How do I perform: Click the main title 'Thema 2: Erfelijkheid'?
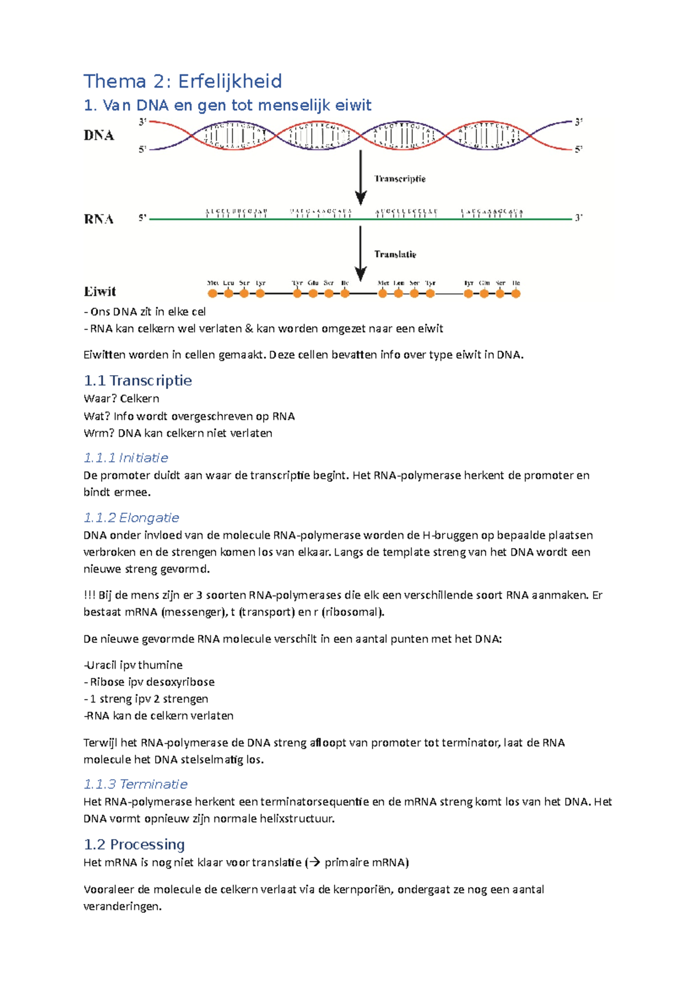pyautogui.click(x=182, y=81)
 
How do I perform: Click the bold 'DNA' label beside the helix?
pyautogui.click(x=99, y=135)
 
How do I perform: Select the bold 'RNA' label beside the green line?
pyautogui.click(x=99, y=219)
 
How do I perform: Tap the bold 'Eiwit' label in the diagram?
pyautogui.click(x=100, y=292)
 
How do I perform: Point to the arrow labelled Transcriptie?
pyautogui.click(x=361, y=177)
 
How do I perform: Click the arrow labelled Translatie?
pyautogui.click(x=361, y=253)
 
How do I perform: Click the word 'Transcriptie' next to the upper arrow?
pyautogui.click(x=400, y=179)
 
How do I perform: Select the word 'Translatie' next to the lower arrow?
pyautogui.click(x=395, y=254)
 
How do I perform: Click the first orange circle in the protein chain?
pyautogui.click(x=213, y=294)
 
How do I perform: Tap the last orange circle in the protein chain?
pyautogui.click(x=516, y=294)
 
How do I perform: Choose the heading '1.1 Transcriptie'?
pyautogui.click(x=138, y=380)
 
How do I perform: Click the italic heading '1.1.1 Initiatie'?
pyautogui.click(x=125, y=458)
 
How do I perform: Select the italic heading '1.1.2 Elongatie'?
pyautogui.click(x=131, y=517)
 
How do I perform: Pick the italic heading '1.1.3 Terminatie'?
pyautogui.click(x=135, y=785)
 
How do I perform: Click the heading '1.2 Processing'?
pyautogui.click(x=134, y=844)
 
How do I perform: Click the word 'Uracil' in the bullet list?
pyautogui.click(x=102, y=665)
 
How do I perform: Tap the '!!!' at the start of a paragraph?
pyautogui.click(x=89, y=595)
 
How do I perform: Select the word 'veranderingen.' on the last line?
pyautogui.click(x=122, y=906)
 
